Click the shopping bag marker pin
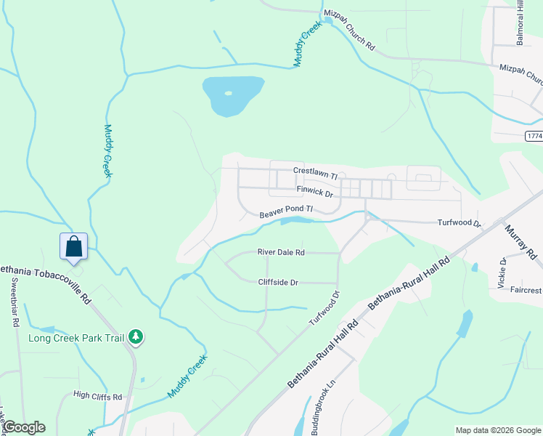click(73, 246)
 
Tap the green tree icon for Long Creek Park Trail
click(135, 336)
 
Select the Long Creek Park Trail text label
click(76, 338)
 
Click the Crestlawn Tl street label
click(316, 172)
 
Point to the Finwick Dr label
click(314, 191)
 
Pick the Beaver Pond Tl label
click(286, 212)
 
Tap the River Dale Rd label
click(281, 253)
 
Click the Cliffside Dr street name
click(278, 283)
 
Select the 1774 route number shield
click(534, 136)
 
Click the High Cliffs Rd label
click(97, 397)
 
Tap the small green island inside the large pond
click(229, 93)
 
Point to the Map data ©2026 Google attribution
click(497, 430)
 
